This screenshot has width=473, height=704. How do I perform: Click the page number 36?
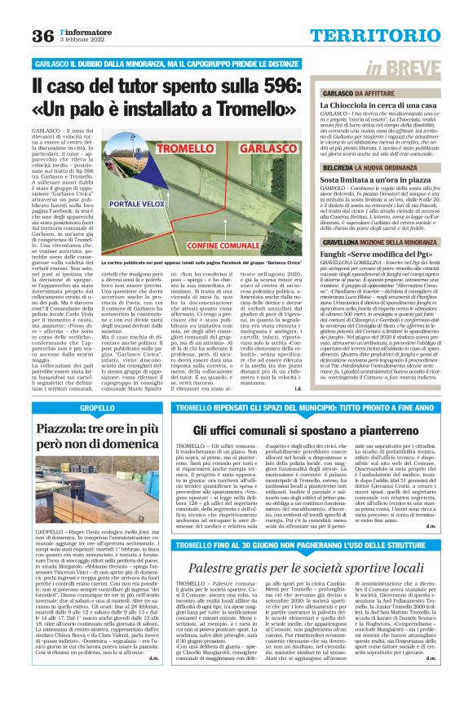[x=43, y=36]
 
